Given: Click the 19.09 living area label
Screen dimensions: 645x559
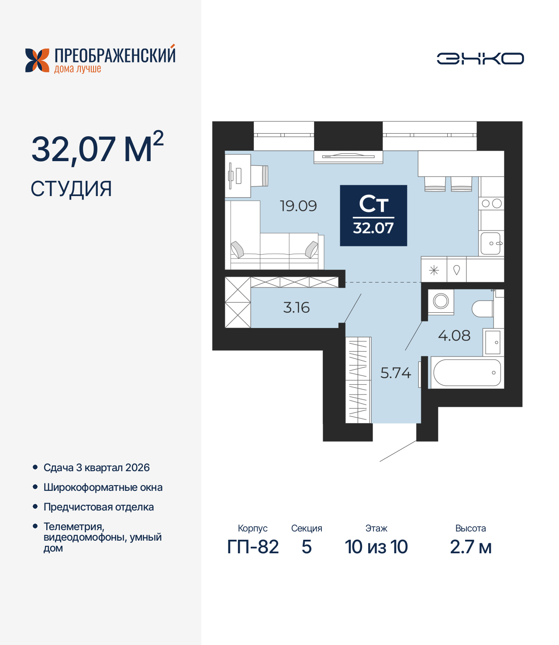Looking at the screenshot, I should [x=298, y=206].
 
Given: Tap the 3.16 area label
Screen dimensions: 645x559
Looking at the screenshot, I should [x=296, y=307].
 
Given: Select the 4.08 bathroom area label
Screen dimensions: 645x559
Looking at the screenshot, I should [x=454, y=335].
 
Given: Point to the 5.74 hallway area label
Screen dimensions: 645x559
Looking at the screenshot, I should [x=396, y=373].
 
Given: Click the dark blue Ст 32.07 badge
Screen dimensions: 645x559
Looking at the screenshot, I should [x=373, y=215].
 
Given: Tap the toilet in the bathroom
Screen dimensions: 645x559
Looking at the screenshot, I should [x=483, y=309].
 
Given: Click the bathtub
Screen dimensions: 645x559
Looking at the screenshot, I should [x=467, y=373].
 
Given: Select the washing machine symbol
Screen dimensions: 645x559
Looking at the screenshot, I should [x=441, y=301].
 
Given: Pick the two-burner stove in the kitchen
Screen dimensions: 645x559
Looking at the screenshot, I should [x=491, y=204].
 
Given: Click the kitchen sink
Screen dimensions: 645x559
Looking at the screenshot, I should [x=491, y=243].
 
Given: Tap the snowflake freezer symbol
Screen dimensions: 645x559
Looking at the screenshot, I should [x=434, y=271].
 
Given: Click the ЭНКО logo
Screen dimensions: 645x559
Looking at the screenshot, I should [x=480, y=59].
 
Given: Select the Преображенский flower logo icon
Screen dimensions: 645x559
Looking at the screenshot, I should [x=37, y=60].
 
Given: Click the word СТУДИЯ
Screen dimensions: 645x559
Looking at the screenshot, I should [x=71, y=189].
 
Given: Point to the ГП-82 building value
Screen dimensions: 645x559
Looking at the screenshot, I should [x=253, y=547].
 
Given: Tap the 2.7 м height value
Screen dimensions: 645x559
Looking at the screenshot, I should [x=471, y=547].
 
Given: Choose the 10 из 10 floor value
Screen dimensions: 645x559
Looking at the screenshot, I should [x=376, y=547].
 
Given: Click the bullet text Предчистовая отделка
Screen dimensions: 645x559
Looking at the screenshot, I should [x=99, y=507].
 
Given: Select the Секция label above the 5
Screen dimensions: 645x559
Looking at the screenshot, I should [x=307, y=528].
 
